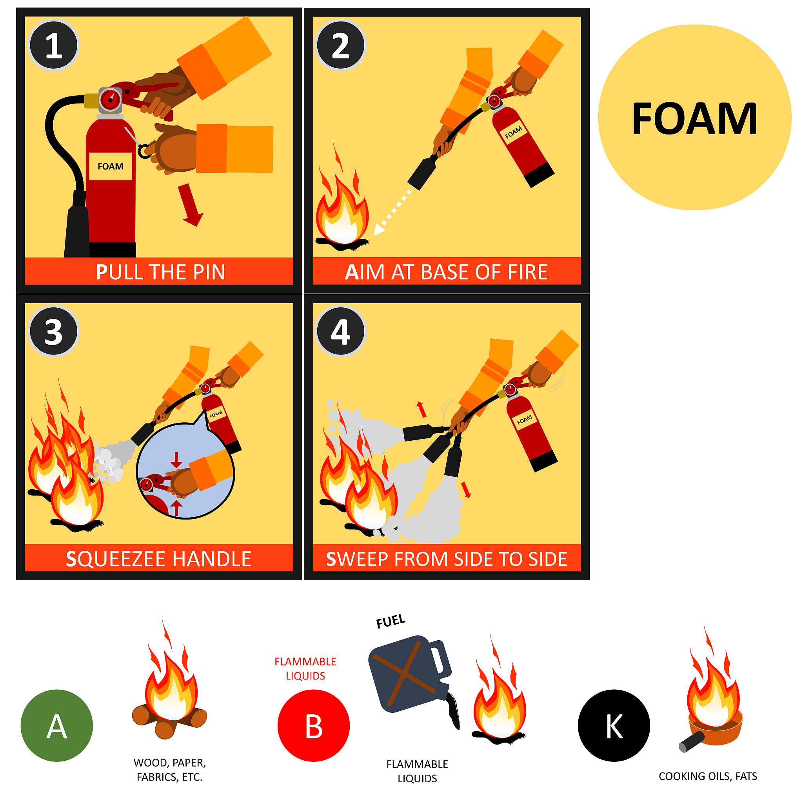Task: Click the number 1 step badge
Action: [54, 45]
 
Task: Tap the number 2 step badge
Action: [341, 45]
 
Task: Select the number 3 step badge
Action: [54, 332]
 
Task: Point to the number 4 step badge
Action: [341, 332]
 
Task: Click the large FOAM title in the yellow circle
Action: [694, 119]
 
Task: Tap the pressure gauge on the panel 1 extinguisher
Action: [110, 100]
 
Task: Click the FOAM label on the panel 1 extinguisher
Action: [111, 166]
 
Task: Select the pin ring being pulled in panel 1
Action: [145, 151]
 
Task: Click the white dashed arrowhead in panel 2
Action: [379, 229]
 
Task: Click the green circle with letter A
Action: [57, 726]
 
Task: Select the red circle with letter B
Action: [314, 726]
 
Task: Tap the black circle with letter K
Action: [614, 726]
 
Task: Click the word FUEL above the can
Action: [391, 621]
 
